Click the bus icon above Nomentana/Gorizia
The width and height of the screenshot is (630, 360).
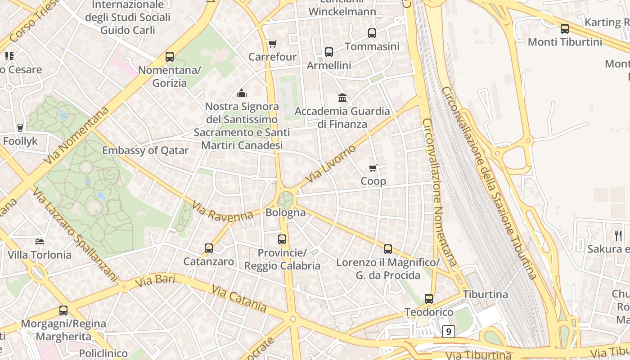pyautogui.click(x=170, y=57)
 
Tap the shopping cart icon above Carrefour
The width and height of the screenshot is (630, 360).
pyautogui.click(x=272, y=44)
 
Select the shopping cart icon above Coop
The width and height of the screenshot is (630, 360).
pyautogui.click(x=373, y=168)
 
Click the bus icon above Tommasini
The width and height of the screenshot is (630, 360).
pyautogui.click(x=372, y=33)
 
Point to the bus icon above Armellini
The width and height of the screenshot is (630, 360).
pyautogui.click(x=329, y=52)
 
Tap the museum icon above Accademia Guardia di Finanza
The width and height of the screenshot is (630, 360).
pyautogui.click(x=342, y=98)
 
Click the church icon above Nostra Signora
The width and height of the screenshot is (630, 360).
pyautogui.click(x=242, y=94)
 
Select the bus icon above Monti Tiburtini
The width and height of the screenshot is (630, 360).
pyautogui.click(x=565, y=29)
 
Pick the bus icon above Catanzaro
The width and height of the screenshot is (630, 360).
pyautogui.click(x=209, y=248)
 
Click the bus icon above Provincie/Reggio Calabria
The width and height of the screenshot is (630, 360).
pyautogui.click(x=282, y=239)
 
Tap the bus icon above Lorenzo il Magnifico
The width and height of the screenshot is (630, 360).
pyautogui.click(x=388, y=249)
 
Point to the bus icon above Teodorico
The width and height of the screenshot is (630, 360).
pyautogui.click(x=429, y=299)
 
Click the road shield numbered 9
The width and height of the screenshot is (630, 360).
pyautogui.click(x=448, y=332)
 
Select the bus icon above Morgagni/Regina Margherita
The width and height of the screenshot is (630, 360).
pyautogui.click(x=63, y=310)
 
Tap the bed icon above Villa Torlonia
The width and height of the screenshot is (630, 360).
pyautogui.click(x=40, y=242)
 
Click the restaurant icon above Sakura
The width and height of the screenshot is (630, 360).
pyautogui.click(x=618, y=235)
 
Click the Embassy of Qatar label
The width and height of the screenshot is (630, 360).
pyautogui.click(x=145, y=150)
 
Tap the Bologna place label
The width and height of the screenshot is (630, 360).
pyautogui.click(x=286, y=212)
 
